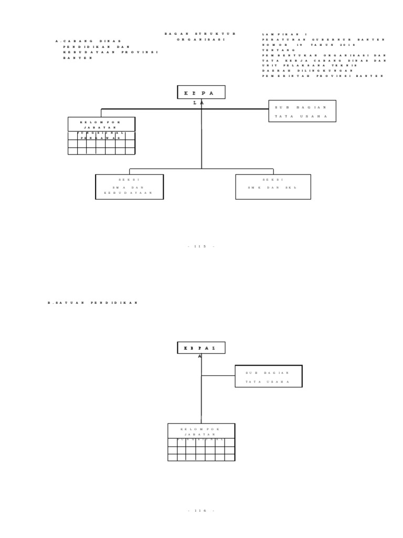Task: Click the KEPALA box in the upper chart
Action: [x=201, y=92]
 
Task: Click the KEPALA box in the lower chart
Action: [x=201, y=348]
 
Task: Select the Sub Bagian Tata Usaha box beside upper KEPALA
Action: [x=302, y=111]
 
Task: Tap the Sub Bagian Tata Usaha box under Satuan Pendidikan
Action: [x=268, y=376]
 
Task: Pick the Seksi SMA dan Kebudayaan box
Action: [x=129, y=187]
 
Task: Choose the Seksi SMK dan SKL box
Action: [x=273, y=187]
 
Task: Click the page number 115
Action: [x=201, y=246]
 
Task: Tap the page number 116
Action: [x=201, y=510]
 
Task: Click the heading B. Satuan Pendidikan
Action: [x=93, y=303]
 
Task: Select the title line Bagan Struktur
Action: [x=200, y=34]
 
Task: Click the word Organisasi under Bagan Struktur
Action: [x=200, y=39]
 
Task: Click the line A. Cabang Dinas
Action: [x=88, y=41]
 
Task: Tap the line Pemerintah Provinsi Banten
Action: [x=323, y=76]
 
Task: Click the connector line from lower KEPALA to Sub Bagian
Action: [x=218, y=376]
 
